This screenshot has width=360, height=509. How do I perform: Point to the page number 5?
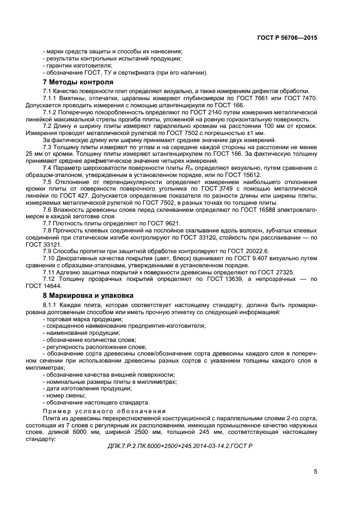pos(315,471)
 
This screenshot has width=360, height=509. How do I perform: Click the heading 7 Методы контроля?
pos(71,82)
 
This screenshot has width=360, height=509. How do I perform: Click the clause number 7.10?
pos(50,259)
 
